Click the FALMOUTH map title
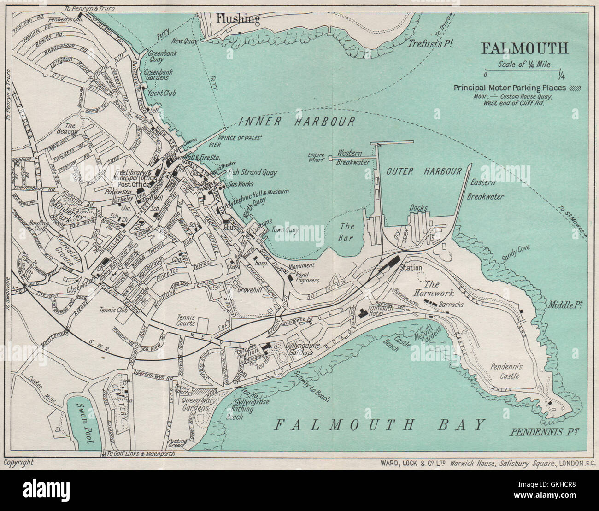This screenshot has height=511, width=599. (x=524, y=48)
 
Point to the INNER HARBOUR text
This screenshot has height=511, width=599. (x=297, y=122)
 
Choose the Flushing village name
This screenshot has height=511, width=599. (x=238, y=19)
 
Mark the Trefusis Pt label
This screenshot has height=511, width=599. (x=430, y=43)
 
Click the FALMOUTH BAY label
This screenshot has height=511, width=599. (x=380, y=424)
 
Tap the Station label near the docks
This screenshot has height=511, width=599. (x=411, y=268)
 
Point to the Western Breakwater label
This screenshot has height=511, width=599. (x=353, y=157)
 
